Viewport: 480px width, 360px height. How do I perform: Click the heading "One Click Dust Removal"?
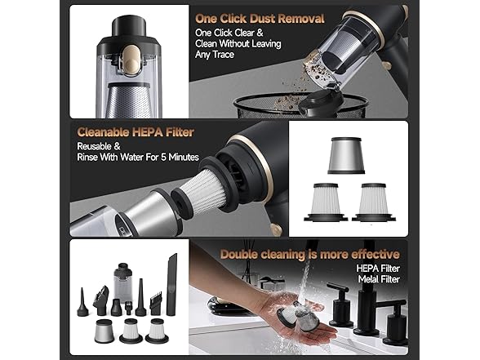[260, 18]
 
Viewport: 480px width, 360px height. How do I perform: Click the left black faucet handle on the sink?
[336, 300]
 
